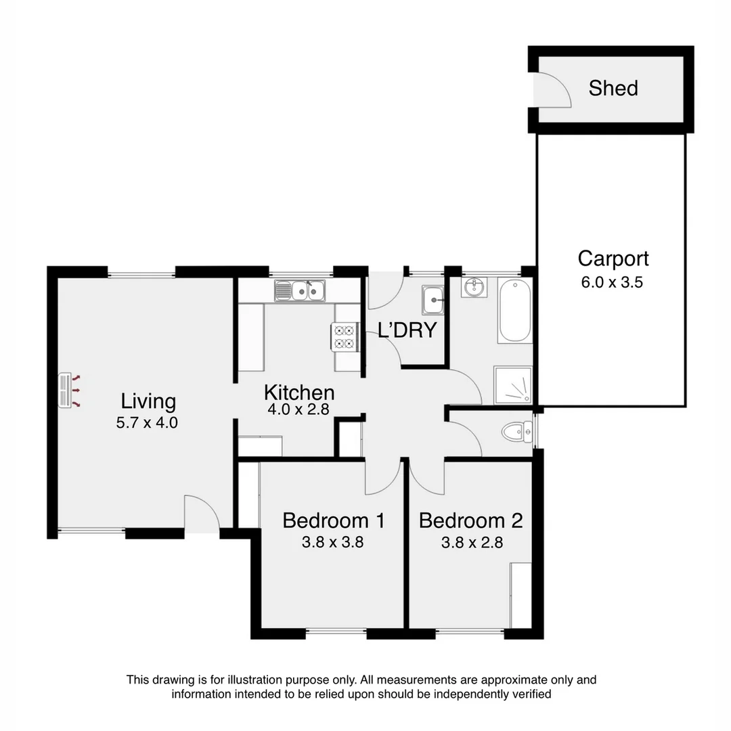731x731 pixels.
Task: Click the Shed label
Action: point(613,88)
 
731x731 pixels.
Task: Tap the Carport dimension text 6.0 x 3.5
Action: point(612,283)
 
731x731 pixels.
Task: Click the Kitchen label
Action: point(298,393)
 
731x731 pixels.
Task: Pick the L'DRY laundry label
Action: point(407,331)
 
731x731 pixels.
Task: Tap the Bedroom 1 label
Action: point(333,520)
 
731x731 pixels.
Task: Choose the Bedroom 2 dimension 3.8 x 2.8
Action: point(472,542)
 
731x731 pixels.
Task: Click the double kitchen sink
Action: point(300,292)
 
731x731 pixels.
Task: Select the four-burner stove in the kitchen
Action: point(343,337)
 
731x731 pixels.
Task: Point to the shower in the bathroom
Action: point(514,386)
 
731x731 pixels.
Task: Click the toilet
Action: point(517,431)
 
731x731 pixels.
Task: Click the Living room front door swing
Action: point(201,514)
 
